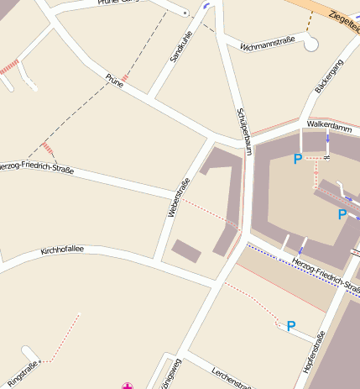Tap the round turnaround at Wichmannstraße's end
[x=311, y=45]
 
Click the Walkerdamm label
[x=329, y=124]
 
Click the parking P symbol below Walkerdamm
[x=297, y=158]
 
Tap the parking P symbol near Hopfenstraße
[x=291, y=326]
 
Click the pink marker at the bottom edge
[x=128, y=386]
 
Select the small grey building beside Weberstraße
[x=186, y=250]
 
